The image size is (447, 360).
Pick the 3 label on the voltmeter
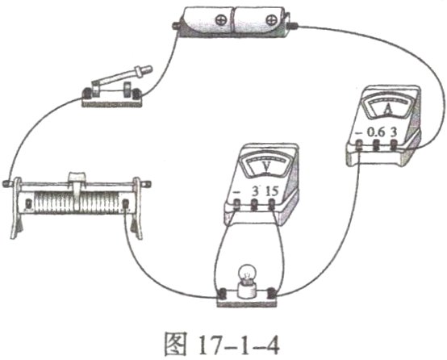(x=257, y=190)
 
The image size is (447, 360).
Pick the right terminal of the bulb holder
(x=274, y=294)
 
